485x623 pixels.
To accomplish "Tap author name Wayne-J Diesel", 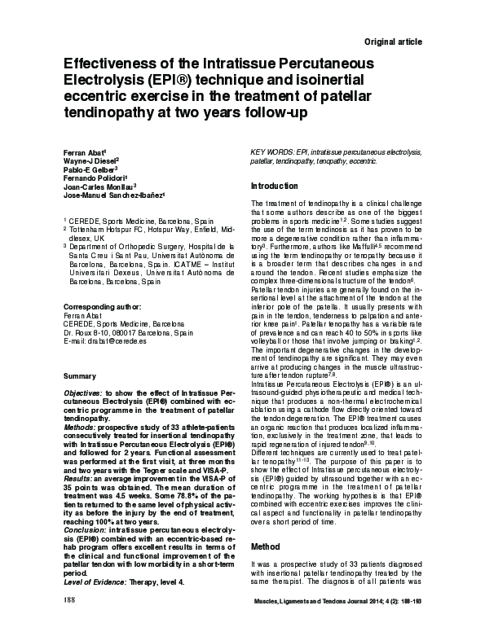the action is (x=90, y=162).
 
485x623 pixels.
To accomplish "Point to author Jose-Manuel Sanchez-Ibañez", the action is (x=112, y=196).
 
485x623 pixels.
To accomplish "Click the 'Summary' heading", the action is (x=80, y=377).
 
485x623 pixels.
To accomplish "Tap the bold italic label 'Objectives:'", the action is (x=83, y=392).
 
